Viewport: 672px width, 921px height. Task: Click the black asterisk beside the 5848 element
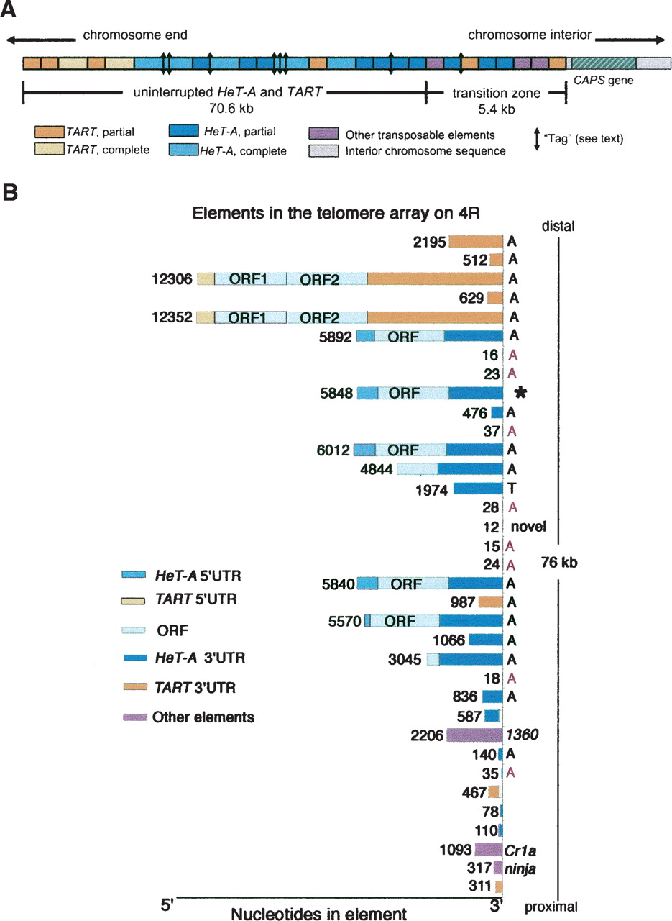520,393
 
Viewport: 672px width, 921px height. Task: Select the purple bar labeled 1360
474,735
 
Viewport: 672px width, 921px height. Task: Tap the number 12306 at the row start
172,279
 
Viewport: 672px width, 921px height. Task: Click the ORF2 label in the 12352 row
320,318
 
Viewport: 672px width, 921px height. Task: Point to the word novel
528,526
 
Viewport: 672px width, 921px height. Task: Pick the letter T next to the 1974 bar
512,489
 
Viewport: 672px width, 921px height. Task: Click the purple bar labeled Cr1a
489,850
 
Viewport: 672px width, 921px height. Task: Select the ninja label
520,868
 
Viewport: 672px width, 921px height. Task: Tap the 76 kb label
559,563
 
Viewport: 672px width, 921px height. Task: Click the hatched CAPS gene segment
604,63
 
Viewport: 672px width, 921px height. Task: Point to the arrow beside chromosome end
41,40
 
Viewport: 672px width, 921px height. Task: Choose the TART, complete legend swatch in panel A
50,149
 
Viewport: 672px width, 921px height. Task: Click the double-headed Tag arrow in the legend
536,139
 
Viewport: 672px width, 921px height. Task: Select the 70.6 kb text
231,108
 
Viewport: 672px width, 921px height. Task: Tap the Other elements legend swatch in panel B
135,717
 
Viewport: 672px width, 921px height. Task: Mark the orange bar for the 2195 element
476,241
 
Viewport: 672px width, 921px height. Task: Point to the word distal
558,226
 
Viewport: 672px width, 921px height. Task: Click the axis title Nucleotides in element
318,914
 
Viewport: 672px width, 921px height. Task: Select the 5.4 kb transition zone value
496,109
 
